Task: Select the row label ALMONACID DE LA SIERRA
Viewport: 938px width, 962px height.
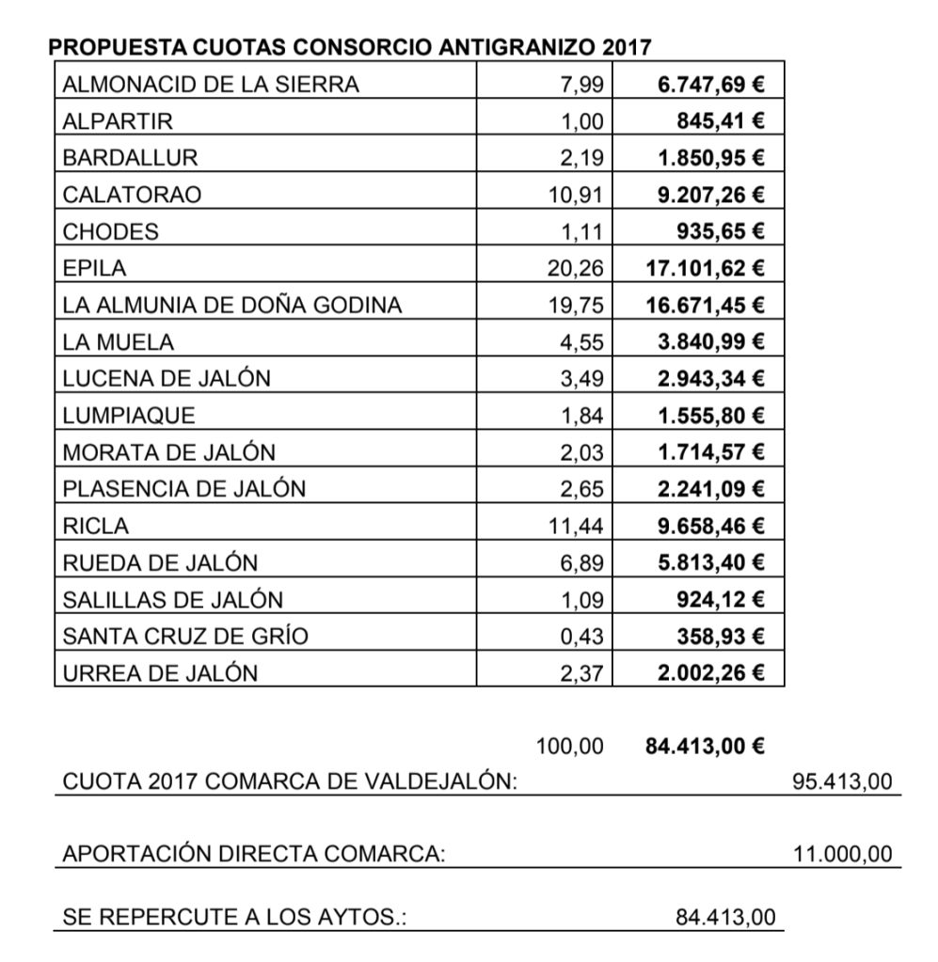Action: pos(211,85)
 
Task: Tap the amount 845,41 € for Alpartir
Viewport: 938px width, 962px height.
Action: pos(721,121)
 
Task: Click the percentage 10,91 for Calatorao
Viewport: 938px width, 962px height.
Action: pos(575,195)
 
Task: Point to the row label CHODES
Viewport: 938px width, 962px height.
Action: pos(110,231)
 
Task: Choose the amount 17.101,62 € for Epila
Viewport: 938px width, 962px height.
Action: pos(705,268)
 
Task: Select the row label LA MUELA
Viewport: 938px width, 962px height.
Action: pos(119,341)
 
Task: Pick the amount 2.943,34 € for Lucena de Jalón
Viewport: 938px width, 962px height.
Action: pos(710,378)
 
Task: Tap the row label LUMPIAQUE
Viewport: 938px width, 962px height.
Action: pos(129,415)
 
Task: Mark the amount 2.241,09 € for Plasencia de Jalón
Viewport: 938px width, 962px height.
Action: pos(710,489)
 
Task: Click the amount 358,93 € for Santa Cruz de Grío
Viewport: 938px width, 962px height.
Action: pos(721,636)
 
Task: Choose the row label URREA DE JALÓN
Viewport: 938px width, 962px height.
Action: pos(160,672)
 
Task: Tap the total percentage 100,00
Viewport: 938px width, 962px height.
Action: pos(569,747)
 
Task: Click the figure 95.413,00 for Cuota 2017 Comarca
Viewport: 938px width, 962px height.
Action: pos(843,782)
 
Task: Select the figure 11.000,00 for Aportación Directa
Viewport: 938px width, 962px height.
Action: pos(843,854)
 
